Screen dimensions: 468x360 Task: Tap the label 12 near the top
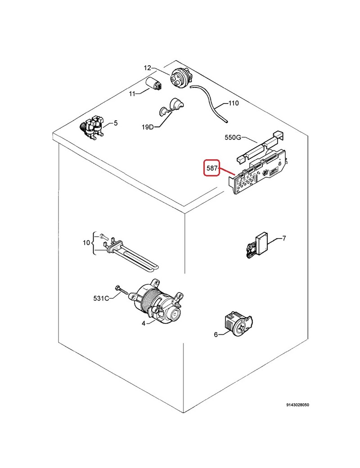[148, 68]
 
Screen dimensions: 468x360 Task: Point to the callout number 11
[132, 94]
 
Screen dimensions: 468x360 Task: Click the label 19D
[148, 127]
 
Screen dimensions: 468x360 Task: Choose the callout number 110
[234, 103]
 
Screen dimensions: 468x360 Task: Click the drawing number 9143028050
[297, 405]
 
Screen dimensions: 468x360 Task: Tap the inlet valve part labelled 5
[94, 127]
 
